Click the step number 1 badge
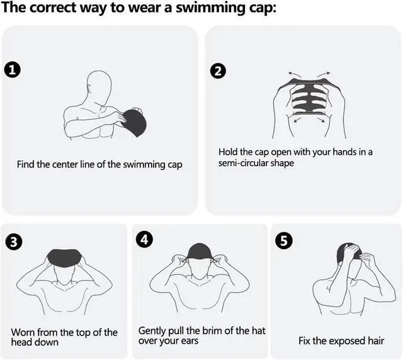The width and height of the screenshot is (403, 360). tap(13, 70)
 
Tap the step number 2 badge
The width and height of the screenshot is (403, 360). tap(218, 71)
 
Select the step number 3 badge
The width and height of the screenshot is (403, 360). tap(14, 242)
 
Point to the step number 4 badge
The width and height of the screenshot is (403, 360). tap(144, 240)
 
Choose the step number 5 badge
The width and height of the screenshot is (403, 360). tap(284, 241)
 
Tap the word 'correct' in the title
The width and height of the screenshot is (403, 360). tap(53, 8)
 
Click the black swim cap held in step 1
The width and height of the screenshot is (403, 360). tap(134, 123)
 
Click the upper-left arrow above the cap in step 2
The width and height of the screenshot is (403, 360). tap(295, 75)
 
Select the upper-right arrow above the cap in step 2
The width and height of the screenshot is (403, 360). tap(324, 74)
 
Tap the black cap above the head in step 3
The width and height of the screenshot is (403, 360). tap(65, 258)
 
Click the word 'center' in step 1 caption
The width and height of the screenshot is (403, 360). tap(65, 164)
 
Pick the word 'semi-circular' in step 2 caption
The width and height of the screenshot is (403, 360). tap(243, 163)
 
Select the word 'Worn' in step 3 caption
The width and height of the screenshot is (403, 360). tap(23, 332)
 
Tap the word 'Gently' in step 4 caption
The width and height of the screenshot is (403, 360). tap(152, 331)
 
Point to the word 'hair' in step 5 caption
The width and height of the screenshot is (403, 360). tap(376, 341)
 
